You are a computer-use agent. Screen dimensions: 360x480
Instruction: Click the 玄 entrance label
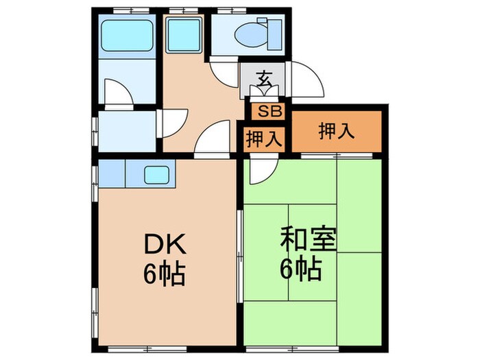click(x=263, y=77)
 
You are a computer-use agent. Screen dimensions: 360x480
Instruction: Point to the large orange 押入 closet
click(x=336, y=132)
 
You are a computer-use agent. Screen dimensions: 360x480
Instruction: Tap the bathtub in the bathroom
click(x=127, y=35)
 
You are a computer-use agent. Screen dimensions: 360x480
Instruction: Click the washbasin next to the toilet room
click(x=182, y=32)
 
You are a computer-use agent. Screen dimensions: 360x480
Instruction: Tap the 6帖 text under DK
click(x=164, y=274)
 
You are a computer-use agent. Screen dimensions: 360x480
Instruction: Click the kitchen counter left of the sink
click(x=112, y=174)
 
